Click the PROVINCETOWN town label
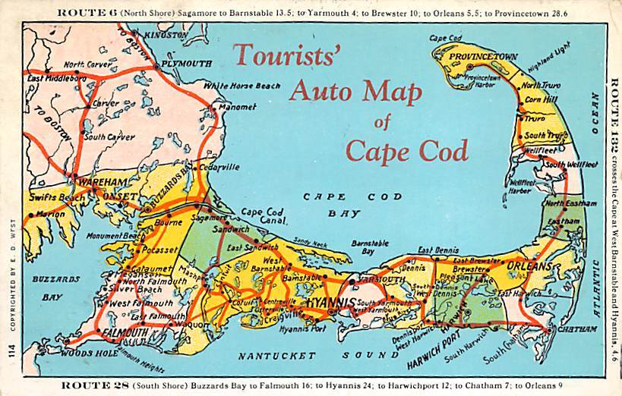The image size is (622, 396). click(482, 57)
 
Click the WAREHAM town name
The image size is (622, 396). click(94, 183)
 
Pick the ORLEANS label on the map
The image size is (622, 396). click(529, 267)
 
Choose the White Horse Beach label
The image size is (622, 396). click(241, 86)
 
